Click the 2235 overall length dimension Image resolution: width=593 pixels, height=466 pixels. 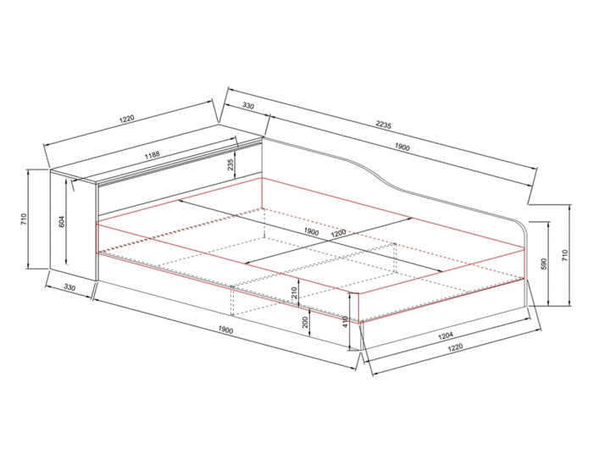click(x=383, y=125)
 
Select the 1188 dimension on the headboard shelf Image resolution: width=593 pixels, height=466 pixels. click(x=152, y=155)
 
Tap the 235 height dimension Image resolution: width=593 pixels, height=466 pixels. click(x=230, y=164)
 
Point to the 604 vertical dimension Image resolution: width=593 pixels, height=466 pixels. click(x=62, y=221)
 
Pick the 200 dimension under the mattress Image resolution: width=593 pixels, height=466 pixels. click(x=306, y=322)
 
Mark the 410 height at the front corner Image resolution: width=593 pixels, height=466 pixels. click(x=345, y=322)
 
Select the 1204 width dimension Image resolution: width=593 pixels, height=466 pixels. click(x=446, y=336)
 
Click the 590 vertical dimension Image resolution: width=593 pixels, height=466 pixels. click(x=544, y=264)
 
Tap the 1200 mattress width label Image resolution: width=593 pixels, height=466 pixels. click(x=338, y=234)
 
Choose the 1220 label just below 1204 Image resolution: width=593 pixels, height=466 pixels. click(x=455, y=347)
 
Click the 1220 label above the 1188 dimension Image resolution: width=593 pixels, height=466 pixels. click(x=127, y=119)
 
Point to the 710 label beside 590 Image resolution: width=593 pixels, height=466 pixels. click(x=565, y=256)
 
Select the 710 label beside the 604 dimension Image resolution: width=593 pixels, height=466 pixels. click(x=24, y=219)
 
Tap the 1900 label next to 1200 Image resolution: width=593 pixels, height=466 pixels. click(x=311, y=232)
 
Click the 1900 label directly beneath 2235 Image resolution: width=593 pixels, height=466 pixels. click(x=402, y=147)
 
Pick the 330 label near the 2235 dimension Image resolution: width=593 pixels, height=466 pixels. click(x=247, y=106)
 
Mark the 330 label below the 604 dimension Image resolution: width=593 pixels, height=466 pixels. click(x=69, y=287)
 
